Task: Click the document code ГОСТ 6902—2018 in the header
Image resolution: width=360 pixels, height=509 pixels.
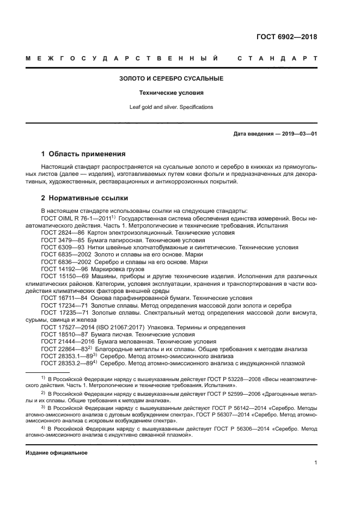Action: pyautogui.click(x=286, y=38)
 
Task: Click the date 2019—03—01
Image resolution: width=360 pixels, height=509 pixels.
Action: pyautogui.click(x=299, y=133)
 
